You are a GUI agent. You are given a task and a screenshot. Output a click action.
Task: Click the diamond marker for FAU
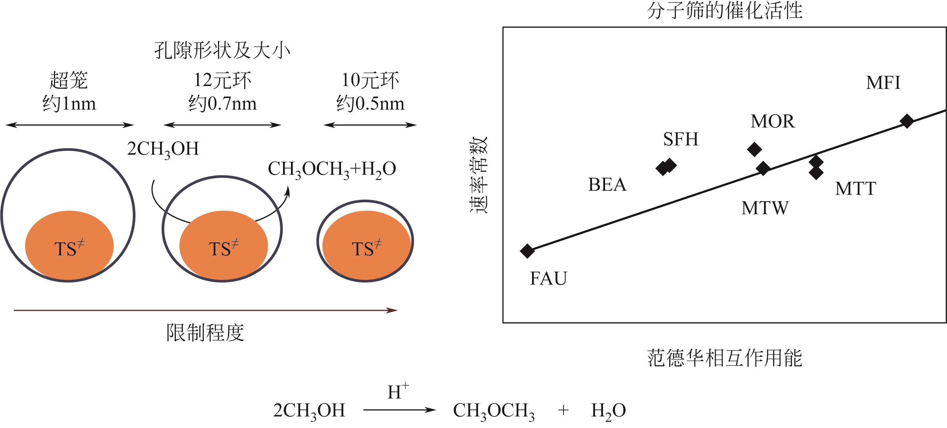[527, 251]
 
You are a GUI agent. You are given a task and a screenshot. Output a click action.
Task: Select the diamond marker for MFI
[907, 121]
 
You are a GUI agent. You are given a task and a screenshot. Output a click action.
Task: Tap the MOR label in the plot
[773, 121]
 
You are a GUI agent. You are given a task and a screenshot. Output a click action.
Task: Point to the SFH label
[681, 139]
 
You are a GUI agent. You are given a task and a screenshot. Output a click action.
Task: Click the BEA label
[607, 185]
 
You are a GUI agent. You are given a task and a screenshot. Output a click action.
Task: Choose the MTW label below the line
[765, 208]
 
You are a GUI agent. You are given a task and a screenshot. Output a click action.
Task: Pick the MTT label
[855, 189]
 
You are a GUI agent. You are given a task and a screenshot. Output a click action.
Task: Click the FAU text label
[548, 278]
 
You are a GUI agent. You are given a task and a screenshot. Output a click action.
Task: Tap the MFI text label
[883, 83]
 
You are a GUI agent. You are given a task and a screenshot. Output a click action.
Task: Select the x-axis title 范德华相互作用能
[724, 358]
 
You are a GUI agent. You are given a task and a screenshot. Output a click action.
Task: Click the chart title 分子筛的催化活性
[724, 10]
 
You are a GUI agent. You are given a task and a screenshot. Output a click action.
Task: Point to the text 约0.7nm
[223, 103]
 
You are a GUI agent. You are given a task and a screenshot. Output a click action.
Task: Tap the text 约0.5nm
[370, 103]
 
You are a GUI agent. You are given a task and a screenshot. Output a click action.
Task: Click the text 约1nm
[69, 103]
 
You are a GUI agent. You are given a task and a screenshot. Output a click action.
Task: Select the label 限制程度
[205, 333]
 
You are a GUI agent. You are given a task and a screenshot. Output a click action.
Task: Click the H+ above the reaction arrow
[398, 391]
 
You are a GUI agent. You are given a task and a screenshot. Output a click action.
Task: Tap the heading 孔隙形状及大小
[222, 50]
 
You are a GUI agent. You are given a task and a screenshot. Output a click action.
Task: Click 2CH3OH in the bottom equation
[309, 411]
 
